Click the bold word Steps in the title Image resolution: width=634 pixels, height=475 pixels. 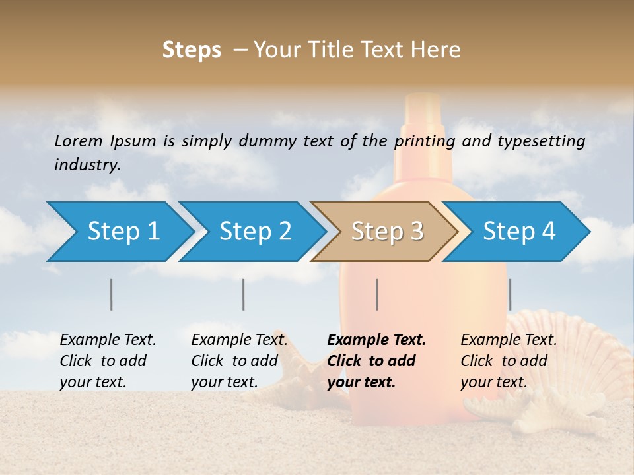[x=192, y=50]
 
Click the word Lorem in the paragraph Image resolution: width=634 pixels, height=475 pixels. [x=79, y=141]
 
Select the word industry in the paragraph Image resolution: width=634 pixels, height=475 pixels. [x=87, y=165]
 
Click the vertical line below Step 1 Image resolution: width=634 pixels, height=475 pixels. [x=112, y=294]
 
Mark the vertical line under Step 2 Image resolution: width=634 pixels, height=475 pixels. [x=244, y=294]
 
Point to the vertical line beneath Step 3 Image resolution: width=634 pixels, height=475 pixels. [x=376, y=294]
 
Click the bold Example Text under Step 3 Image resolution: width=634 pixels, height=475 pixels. [x=376, y=340]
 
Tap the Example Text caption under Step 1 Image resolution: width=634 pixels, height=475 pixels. [x=108, y=340]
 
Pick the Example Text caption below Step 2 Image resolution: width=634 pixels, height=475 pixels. [x=239, y=340]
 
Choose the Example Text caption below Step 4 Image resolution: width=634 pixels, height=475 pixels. [x=509, y=340]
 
